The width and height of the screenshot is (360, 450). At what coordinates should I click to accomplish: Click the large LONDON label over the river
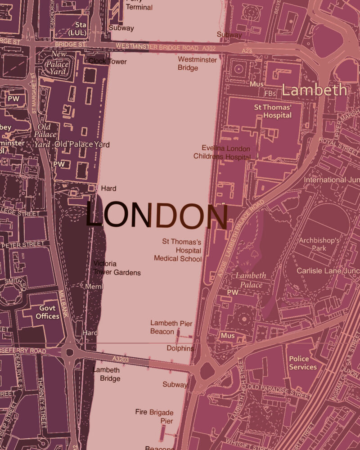coord(157,216)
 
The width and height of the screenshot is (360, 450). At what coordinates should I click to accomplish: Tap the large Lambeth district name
coord(315,90)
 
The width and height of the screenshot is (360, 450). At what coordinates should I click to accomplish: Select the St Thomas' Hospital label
coord(273,111)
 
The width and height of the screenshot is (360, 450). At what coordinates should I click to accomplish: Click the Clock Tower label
coord(108,61)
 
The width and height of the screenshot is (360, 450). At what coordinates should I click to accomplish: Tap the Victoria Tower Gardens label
coord(117,268)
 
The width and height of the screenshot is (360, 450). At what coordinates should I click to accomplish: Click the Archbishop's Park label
coord(319,245)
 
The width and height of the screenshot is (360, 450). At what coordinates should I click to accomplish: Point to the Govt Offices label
coord(47,312)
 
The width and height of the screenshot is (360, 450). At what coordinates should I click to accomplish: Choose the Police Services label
coord(302,363)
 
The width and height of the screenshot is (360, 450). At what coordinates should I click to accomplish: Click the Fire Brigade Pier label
coord(154,416)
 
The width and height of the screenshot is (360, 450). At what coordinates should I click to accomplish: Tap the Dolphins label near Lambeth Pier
coord(180,348)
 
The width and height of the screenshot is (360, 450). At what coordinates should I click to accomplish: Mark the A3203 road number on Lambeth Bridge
coord(121,359)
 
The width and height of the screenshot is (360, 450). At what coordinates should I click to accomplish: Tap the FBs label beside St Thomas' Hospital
coord(270,94)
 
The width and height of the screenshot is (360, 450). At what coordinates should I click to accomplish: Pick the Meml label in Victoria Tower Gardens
coord(94,287)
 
